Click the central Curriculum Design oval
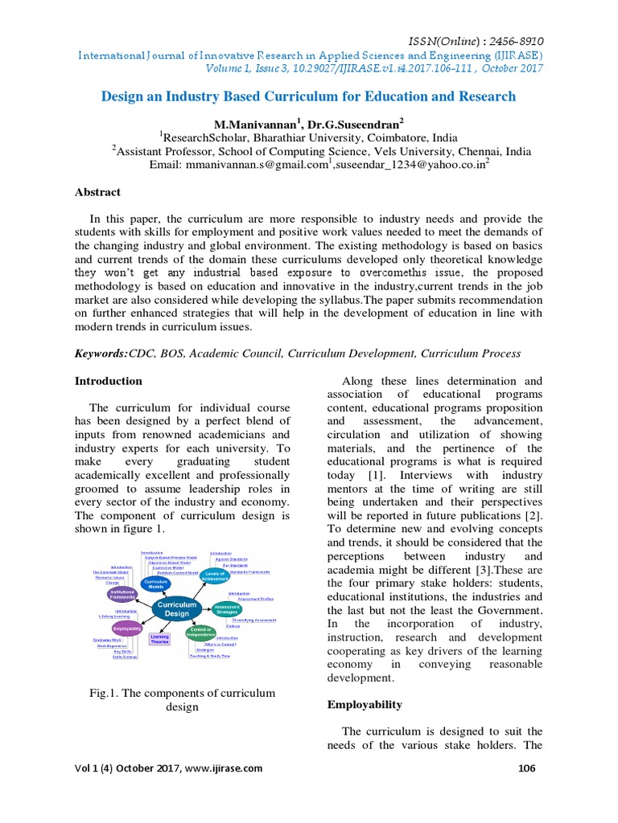176,608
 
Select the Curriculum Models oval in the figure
156,583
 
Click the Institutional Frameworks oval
123,595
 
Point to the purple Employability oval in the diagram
127,628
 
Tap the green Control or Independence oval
200,632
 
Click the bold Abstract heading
97,192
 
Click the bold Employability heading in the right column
365,704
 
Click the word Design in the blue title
123,97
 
